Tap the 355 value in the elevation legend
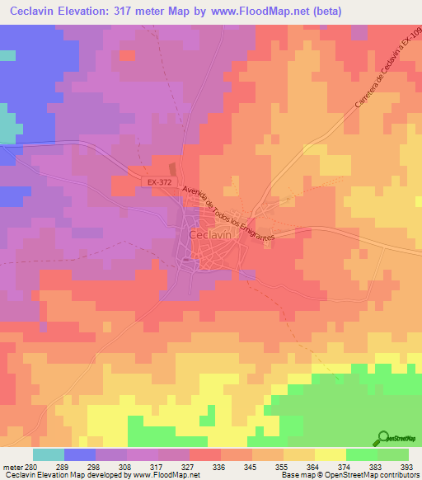(x=280, y=467)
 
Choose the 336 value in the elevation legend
(x=218, y=467)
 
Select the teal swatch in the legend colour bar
(x=48, y=454)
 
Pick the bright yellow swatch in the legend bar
(x=330, y=454)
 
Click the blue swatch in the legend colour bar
(x=80, y=454)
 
